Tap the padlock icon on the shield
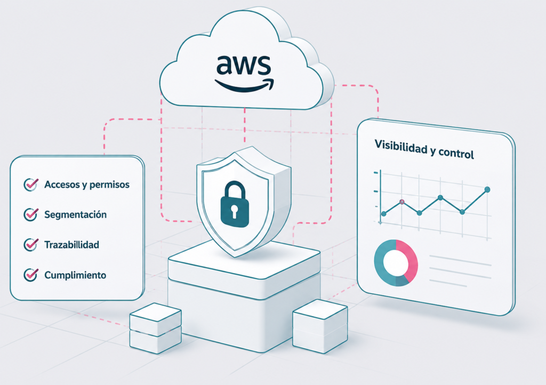click(x=235, y=204)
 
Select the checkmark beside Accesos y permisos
click(x=30, y=185)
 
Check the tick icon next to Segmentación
click(x=30, y=214)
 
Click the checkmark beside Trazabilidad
click(x=30, y=245)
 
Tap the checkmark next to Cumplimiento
click(x=30, y=275)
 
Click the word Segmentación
click(x=75, y=214)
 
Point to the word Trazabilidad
click(x=72, y=245)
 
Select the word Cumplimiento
click(x=75, y=275)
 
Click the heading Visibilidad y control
click(x=424, y=149)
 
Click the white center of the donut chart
click(x=396, y=262)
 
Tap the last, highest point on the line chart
click(x=487, y=190)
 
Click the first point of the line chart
click(x=384, y=214)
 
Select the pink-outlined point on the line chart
click(x=402, y=202)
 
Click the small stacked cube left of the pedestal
click(x=155, y=328)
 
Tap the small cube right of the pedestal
click(x=320, y=326)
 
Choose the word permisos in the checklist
click(x=109, y=185)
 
